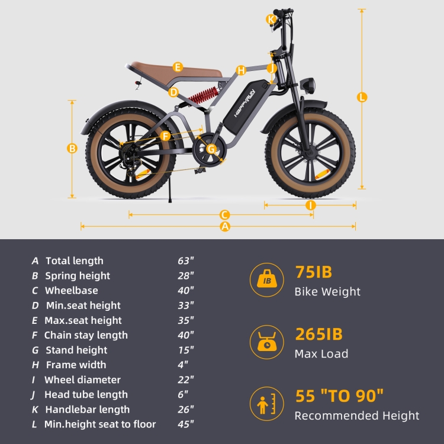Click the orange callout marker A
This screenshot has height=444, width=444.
tap(224, 227)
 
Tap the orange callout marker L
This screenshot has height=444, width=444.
tap(362, 97)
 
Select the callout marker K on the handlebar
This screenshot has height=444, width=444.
tap(271, 20)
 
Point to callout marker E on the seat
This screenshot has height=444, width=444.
tap(178, 67)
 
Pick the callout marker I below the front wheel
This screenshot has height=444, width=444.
tap(311, 205)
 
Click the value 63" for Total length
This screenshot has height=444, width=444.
tap(186, 260)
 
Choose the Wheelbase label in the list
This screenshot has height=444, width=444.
tap(71, 290)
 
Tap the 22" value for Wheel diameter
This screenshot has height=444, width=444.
tap(186, 379)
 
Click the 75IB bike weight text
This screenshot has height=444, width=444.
tap(313, 273)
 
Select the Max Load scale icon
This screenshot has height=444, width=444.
tap(267, 342)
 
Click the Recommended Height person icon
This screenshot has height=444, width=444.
tap(267, 404)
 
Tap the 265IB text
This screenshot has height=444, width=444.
tap(318, 334)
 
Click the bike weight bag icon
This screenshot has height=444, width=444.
tap(267, 279)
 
